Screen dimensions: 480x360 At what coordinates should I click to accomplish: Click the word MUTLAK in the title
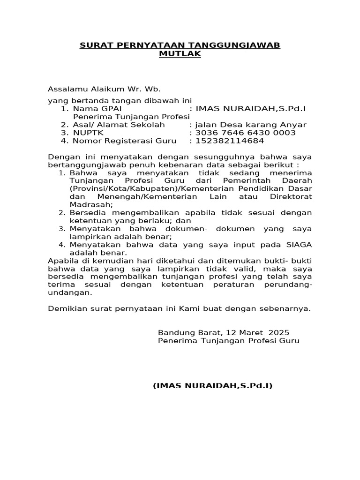pos(180,54)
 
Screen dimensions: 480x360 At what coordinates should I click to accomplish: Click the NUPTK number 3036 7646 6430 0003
pos(246,133)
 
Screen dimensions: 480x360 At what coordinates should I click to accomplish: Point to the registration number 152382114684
pos(230,141)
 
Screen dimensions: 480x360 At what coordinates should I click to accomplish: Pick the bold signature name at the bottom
pos(213,386)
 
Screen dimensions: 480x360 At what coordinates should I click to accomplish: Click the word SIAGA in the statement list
pos(300,245)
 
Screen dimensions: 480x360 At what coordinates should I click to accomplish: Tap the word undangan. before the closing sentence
pos(70,292)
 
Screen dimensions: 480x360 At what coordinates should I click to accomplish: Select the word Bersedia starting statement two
pos(88,212)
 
